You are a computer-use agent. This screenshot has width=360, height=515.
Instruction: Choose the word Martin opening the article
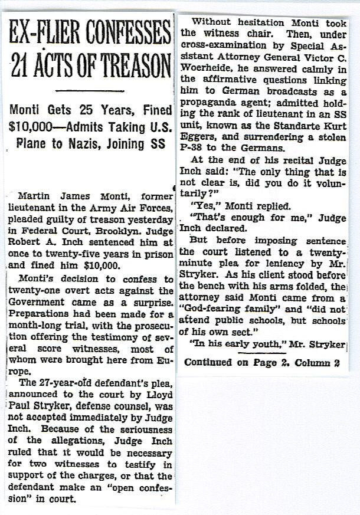click(x=34, y=195)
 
